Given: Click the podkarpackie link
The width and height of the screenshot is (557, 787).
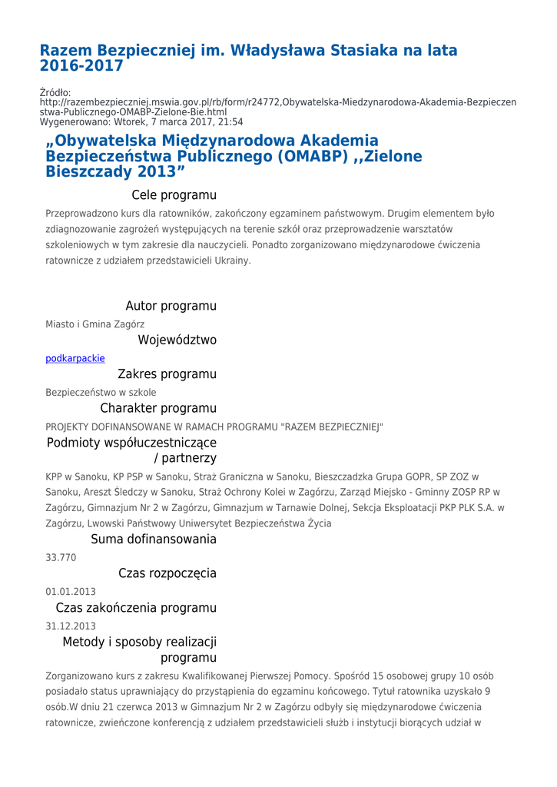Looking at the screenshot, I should tap(75, 358).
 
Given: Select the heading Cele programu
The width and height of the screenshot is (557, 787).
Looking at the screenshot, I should tap(174, 195).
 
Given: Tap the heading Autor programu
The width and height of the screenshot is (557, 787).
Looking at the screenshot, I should tap(171, 306).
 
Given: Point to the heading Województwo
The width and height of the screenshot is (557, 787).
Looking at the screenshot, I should tap(177, 340).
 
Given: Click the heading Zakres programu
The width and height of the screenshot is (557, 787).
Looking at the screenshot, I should tap(167, 374).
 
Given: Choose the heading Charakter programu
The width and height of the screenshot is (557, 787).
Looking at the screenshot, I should tap(158, 408).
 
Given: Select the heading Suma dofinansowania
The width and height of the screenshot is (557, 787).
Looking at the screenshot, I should tap(154, 540).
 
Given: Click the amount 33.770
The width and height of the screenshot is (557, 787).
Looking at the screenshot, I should tap(61, 558).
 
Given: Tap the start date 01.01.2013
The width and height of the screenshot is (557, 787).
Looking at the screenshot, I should tap(71, 592).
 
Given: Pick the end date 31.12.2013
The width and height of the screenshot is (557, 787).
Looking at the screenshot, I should tap(71, 626).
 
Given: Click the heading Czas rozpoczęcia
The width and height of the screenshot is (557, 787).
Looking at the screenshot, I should tap(167, 573).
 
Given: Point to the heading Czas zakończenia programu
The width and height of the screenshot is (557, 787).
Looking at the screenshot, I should tap(136, 608).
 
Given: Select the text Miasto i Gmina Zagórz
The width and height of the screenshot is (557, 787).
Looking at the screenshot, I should tap(94, 324).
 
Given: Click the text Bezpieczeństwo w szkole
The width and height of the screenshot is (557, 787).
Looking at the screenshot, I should tap(101, 392).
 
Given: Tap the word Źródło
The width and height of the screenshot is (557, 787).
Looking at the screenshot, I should tap(55, 93).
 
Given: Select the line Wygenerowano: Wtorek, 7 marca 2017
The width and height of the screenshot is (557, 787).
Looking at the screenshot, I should tap(141, 121).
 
